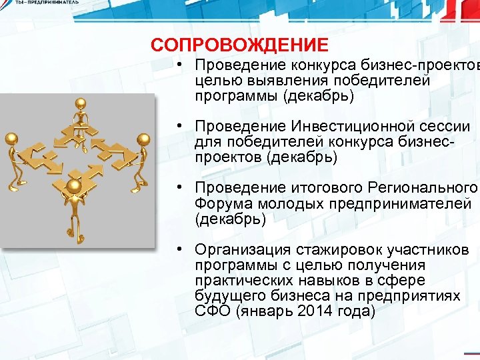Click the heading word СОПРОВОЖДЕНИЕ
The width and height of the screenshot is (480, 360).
click(x=239, y=45)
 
